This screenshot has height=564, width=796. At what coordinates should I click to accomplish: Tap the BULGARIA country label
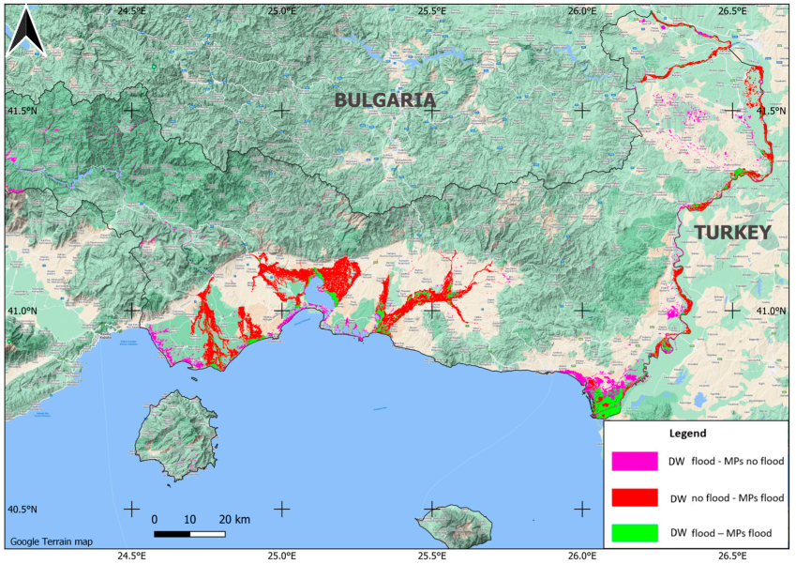click(x=385, y=99)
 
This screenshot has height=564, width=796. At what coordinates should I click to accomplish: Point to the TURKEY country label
click(x=732, y=232)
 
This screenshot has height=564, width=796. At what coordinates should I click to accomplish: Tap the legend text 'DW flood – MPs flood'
click(x=721, y=533)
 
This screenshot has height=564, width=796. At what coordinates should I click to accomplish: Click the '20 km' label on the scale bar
click(x=234, y=519)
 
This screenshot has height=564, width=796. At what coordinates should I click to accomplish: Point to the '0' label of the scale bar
click(x=154, y=519)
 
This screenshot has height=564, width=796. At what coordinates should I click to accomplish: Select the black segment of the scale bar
click(x=172, y=534)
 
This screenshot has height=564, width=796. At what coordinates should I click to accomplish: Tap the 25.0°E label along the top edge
click(x=281, y=10)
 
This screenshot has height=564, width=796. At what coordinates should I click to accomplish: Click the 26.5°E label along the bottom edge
click(x=732, y=555)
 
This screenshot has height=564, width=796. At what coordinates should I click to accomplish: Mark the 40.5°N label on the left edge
click(x=22, y=510)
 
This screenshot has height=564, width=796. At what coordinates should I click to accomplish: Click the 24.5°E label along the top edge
click(x=131, y=10)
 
